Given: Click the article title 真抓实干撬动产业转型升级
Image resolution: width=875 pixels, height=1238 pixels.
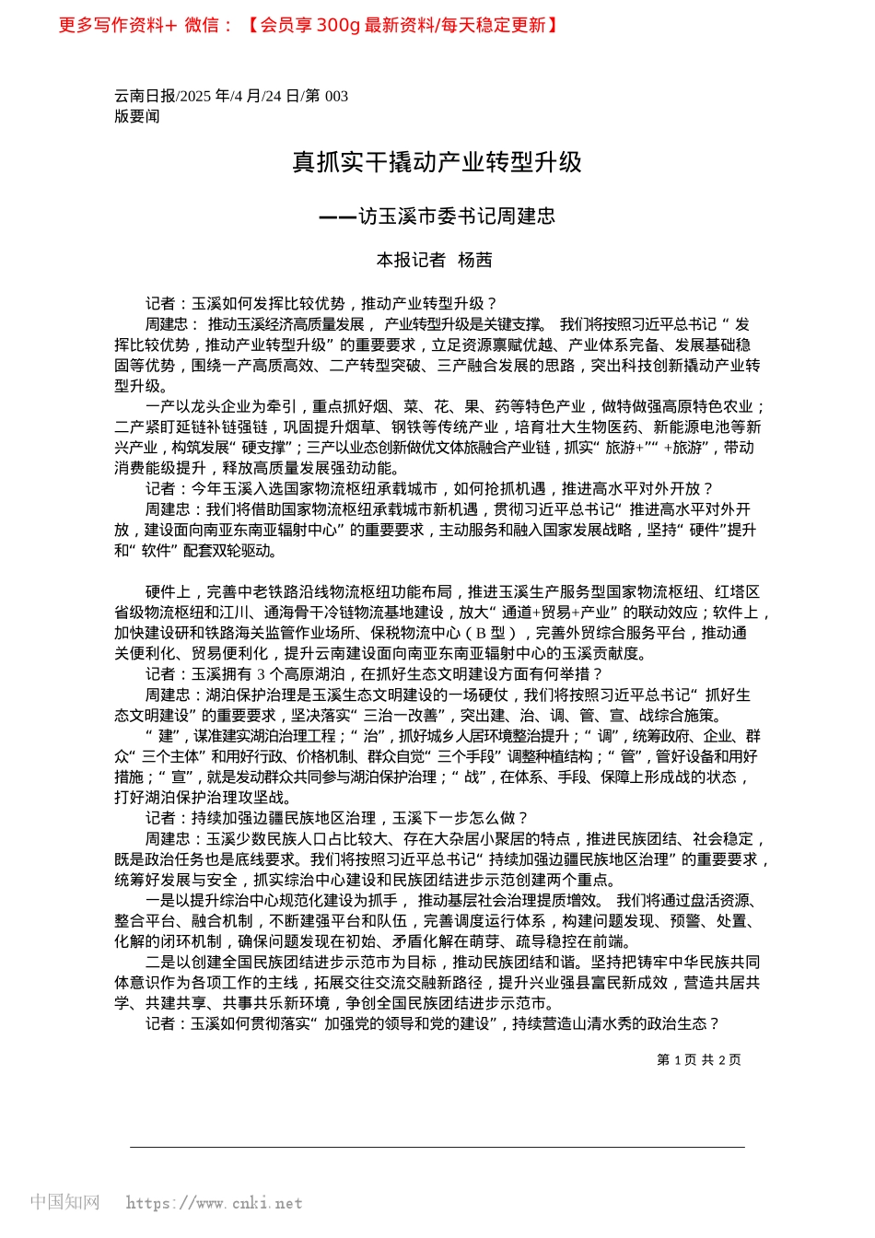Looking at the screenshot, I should (x=437, y=162).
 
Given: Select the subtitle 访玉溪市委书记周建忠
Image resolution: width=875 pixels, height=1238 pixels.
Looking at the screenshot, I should (x=456, y=216).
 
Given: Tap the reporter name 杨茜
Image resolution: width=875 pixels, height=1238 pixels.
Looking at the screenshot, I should (x=475, y=261).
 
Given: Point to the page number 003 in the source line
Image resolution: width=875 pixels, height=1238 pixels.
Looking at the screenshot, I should (x=336, y=97).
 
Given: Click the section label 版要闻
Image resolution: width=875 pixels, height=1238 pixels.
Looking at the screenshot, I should (x=136, y=117).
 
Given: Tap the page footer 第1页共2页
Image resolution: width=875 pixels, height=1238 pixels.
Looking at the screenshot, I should (x=698, y=1060).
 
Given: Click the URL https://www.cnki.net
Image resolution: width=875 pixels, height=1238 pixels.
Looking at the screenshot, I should (x=214, y=1203).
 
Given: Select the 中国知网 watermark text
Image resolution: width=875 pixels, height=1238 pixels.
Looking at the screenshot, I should (x=64, y=1202).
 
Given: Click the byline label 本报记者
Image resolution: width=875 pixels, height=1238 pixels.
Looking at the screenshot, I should (x=410, y=261).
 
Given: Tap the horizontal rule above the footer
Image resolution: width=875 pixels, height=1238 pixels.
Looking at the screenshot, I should (x=437, y=1147).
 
